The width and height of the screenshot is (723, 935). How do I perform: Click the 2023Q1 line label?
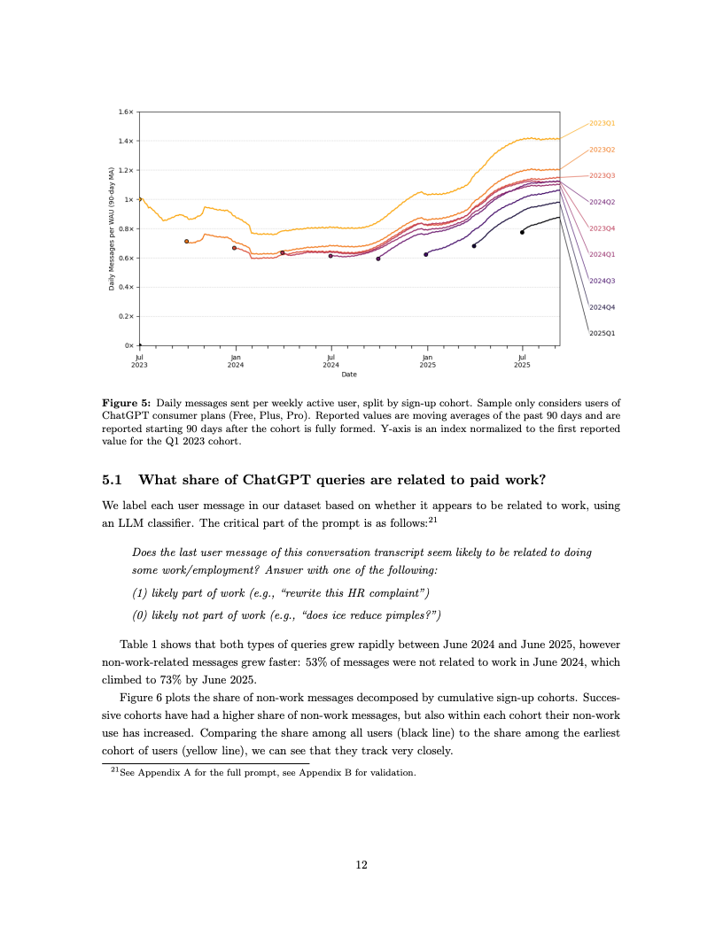[602, 123]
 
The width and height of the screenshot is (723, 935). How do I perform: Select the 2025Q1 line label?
[602, 333]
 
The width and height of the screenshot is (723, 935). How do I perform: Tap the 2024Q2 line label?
[602, 202]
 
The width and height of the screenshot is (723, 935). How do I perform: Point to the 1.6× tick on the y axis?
[125, 112]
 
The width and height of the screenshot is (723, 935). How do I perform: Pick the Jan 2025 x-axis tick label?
[427, 361]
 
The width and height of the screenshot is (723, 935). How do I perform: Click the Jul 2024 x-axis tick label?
[330, 361]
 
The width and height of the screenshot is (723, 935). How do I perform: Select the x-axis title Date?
[349, 375]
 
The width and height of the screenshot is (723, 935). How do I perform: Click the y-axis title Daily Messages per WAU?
[112, 228]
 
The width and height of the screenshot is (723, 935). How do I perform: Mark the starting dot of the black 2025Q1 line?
[522, 232]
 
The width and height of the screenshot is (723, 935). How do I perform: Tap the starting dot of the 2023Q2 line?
[186, 241]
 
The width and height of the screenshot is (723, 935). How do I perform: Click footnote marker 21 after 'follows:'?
[432, 519]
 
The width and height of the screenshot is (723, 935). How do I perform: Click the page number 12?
[361, 865]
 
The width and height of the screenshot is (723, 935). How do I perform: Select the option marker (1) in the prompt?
[138, 591]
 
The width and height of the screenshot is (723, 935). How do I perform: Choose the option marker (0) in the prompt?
[138, 614]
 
